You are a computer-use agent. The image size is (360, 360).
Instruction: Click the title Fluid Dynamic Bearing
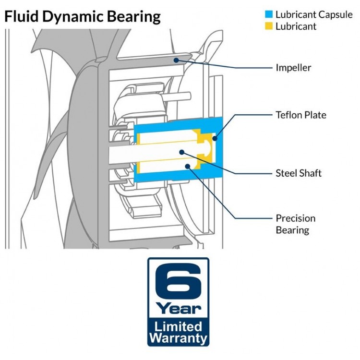(x=82, y=17)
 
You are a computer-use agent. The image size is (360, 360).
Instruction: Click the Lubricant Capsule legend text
(x=314, y=15)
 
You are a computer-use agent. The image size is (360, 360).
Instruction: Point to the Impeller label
(x=293, y=68)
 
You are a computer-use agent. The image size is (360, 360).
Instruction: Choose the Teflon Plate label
(x=300, y=115)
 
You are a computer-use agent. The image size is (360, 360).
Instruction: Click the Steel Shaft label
(x=298, y=173)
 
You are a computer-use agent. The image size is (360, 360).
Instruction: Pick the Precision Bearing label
(x=295, y=224)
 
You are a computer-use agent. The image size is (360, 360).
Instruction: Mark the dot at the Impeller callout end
(x=177, y=60)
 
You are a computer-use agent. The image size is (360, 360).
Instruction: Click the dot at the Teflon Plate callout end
(x=214, y=139)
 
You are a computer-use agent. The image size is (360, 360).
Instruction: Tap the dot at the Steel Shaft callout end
(x=182, y=152)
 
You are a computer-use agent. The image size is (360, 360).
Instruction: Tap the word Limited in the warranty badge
(x=178, y=327)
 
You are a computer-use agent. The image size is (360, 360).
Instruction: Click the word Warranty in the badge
(x=178, y=338)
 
